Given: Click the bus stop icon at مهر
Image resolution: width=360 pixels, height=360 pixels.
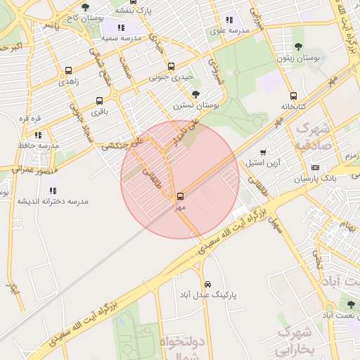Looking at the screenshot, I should point(181,195).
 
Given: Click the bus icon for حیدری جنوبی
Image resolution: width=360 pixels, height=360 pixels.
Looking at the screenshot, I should point(172,67).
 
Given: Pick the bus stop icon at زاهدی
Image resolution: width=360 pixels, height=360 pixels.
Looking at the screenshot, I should point(68,70).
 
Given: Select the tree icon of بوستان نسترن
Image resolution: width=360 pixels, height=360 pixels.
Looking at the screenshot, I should point(195,94).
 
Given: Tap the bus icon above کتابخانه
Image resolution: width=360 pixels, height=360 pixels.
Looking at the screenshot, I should point(293,96).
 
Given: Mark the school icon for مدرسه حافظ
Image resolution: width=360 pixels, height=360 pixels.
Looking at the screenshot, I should point(39,135).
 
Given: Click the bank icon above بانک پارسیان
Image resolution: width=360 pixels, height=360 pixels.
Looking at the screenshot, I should point(314,167).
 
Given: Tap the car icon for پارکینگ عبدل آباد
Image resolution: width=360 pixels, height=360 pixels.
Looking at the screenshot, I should point(207,283).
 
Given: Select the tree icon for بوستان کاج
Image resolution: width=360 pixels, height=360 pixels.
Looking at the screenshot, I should point(85,7).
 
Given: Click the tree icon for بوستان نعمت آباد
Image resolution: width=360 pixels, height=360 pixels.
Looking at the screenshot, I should point(350,304).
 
